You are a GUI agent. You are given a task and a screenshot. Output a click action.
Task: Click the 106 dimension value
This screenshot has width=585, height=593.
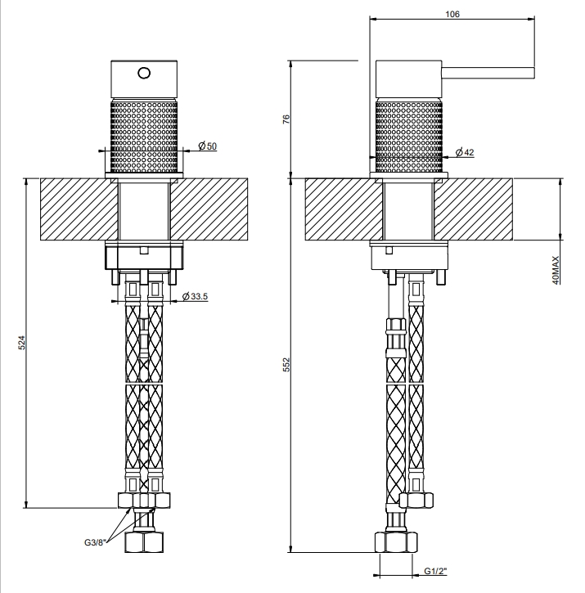click(x=452, y=15)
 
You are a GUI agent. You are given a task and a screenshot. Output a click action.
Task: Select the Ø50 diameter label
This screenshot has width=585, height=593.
click(x=207, y=146)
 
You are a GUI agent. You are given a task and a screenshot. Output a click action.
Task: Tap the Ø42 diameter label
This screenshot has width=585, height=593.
click(x=465, y=152)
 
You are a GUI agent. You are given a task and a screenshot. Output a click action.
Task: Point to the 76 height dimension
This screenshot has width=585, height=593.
click(x=286, y=119)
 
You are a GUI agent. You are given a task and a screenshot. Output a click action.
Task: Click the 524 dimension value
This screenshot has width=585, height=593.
click(x=21, y=342)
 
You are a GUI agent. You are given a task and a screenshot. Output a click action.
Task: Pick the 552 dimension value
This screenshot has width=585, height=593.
click(x=286, y=365)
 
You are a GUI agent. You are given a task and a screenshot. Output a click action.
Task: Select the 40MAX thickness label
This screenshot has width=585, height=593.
click(x=556, y=270)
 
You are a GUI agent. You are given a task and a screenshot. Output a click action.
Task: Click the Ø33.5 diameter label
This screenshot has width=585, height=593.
click(x=195, y=296)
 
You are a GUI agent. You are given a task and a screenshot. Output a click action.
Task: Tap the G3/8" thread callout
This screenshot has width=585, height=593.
click(x=95, y=542)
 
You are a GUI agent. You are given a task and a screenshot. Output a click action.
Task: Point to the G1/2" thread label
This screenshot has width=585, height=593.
click(x=435, y=571)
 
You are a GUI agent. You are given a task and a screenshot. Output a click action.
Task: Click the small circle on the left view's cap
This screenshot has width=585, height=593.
click(x=144, y=73)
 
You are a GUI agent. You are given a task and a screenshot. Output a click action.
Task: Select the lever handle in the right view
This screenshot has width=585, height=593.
click(x=488, y=73)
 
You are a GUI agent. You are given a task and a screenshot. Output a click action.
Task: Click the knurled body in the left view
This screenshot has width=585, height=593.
click(x=144, y=136)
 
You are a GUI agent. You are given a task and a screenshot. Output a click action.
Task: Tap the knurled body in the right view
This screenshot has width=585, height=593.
click(x=408, y=136)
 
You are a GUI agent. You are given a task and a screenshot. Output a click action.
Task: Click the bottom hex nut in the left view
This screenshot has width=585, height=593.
click(x=144, y=542)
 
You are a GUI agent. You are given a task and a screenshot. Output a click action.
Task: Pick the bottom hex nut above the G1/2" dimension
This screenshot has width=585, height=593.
click(x=396, y=542)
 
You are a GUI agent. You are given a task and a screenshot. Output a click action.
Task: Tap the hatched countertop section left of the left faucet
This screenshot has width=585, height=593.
click(x=79, y=209)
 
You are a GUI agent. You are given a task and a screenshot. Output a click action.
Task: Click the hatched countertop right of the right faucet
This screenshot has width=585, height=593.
click(x=474, y=209)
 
